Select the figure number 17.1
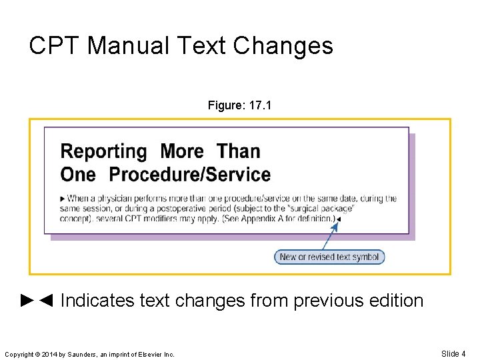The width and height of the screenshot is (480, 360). [259, 105]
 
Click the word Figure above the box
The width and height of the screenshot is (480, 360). [225, 105]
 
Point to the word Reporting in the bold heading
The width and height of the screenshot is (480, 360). [103, 152]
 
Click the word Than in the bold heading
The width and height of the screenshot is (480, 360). [238, 151]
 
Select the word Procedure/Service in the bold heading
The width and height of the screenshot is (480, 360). [189, 175]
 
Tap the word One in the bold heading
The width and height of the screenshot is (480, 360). [78, 175]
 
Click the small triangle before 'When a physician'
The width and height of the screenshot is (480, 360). [63, 199]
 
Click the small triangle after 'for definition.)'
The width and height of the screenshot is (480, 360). [338, 219]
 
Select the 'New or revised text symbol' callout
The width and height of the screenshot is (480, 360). [329, 257]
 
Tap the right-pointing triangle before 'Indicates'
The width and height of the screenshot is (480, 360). [27, 301]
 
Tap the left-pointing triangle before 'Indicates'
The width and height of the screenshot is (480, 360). [45, 301]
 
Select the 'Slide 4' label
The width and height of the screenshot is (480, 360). [453, 353]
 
